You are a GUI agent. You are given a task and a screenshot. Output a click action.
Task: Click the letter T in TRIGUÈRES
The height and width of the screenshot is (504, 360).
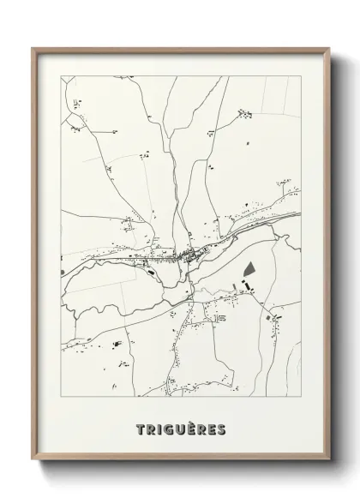click(140, 428)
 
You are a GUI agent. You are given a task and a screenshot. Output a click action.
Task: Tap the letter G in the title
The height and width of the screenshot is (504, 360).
click(171, 428)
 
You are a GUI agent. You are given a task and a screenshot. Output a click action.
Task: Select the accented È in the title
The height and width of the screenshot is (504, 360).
click(192, 428)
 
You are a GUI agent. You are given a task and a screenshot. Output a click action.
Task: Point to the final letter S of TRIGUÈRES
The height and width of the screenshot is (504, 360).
click(222, 428)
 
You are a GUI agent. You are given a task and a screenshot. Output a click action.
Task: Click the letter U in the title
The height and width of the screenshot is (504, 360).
click(182, 428)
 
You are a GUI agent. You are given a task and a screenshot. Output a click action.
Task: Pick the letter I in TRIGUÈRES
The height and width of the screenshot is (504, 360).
click(160, 428)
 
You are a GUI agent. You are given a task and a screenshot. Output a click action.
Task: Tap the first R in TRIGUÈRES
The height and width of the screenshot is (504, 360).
click(151, 428)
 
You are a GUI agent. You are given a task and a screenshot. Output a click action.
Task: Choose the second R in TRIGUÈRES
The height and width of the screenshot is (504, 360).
click(202, 428)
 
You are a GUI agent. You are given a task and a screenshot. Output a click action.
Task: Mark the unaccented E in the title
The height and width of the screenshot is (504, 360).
click(213, 428)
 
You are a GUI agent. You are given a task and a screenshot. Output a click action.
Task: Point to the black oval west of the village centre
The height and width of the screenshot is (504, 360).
click(151, 272)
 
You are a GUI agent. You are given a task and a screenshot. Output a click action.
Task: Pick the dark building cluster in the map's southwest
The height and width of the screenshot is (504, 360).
click(115, 343)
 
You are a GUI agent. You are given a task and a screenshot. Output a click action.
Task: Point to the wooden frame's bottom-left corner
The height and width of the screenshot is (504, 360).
click(33, 462)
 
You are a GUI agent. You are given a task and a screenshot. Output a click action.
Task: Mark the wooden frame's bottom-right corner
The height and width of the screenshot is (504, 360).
click(329, 462)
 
